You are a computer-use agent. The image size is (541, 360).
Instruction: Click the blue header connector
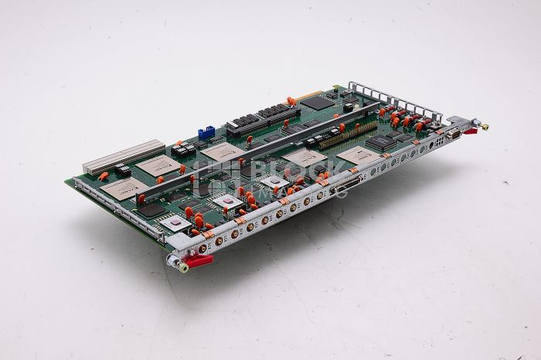206,133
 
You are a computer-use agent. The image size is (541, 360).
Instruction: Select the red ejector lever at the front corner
197,260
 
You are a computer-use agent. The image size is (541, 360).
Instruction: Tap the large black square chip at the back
318,101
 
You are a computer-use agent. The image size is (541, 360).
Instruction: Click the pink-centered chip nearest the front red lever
177,222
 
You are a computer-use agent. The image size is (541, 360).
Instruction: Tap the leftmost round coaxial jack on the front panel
203,249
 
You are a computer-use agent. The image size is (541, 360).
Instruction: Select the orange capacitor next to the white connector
103,177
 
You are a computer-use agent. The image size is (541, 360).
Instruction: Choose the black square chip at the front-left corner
151,209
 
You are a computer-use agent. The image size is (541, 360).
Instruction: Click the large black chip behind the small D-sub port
380,142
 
